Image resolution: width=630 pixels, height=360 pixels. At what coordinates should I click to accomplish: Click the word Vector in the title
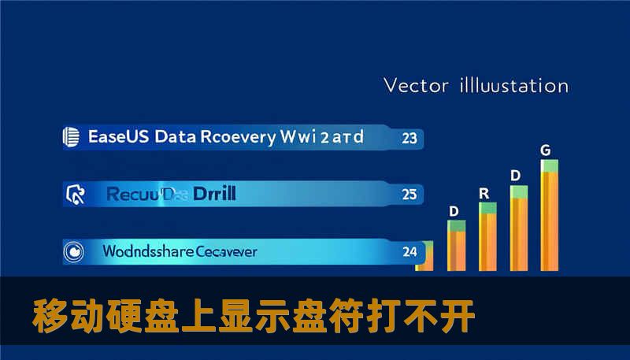click(415, 85)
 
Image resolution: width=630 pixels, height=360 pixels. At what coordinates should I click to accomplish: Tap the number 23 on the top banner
click(409, 138)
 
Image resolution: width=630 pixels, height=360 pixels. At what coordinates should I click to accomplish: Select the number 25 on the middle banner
click(409, 193)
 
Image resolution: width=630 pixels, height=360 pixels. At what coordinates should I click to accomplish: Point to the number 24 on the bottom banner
click(409, 252)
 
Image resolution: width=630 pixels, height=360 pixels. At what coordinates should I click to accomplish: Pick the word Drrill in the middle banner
click(214, 192)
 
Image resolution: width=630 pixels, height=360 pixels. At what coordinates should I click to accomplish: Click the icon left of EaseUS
click(71, 137)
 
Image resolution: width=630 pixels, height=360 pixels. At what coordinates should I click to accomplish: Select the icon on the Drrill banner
click(75, 192)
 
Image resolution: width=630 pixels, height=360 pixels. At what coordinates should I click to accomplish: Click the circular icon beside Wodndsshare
click(73, 252)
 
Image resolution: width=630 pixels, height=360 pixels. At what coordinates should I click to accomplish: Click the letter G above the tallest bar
click(545, 149)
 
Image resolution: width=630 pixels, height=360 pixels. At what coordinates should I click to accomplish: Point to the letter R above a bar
click(484, 192)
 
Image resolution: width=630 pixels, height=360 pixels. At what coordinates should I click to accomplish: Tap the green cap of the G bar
click(549, 165)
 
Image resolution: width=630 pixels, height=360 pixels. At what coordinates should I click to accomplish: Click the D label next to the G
click(515, 175)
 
